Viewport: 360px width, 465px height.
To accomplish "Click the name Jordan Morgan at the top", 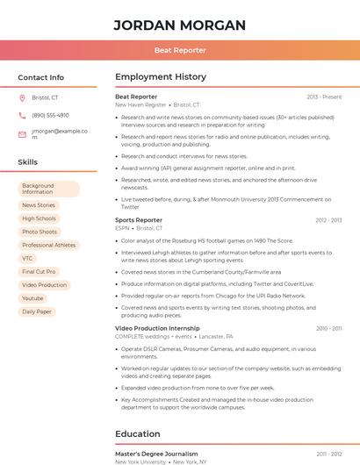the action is (x=179, y=25).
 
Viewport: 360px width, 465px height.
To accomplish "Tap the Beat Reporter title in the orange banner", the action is (x=179, y=51).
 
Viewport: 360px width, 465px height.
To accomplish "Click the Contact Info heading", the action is (x=40, y=77).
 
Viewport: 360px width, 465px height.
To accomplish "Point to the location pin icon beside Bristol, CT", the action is (x=22, y=97).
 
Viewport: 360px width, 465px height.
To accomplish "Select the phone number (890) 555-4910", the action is (x=50, y=115).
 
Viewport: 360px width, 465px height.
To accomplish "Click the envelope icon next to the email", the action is (x=22, y=134).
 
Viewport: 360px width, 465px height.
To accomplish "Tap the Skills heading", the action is (x=28, y=162).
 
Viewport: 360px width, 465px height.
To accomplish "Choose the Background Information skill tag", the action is (x=48, y=189).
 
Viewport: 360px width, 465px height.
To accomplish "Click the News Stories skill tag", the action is (x=39, y=205).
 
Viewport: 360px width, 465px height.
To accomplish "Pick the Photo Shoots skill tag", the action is (x=40, y=232).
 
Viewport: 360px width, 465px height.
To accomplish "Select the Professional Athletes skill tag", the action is (x=48, y=245).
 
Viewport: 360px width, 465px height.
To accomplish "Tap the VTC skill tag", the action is (x=27, y=258).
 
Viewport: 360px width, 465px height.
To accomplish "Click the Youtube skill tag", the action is (x=32, y=298).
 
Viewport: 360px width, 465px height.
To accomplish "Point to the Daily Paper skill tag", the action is (x=37, y=311).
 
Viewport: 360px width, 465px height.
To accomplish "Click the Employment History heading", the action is (x=161, y=77).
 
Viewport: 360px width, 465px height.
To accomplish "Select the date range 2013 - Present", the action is (x=324, y=97).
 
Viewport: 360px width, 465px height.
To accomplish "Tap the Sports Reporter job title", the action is (x=139, y=220).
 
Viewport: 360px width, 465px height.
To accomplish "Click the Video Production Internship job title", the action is (x=157, y=328).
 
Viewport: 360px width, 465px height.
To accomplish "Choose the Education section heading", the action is (x=137, y=433).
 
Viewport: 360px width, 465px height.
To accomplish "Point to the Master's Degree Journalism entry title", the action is (x=156, y=454).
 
